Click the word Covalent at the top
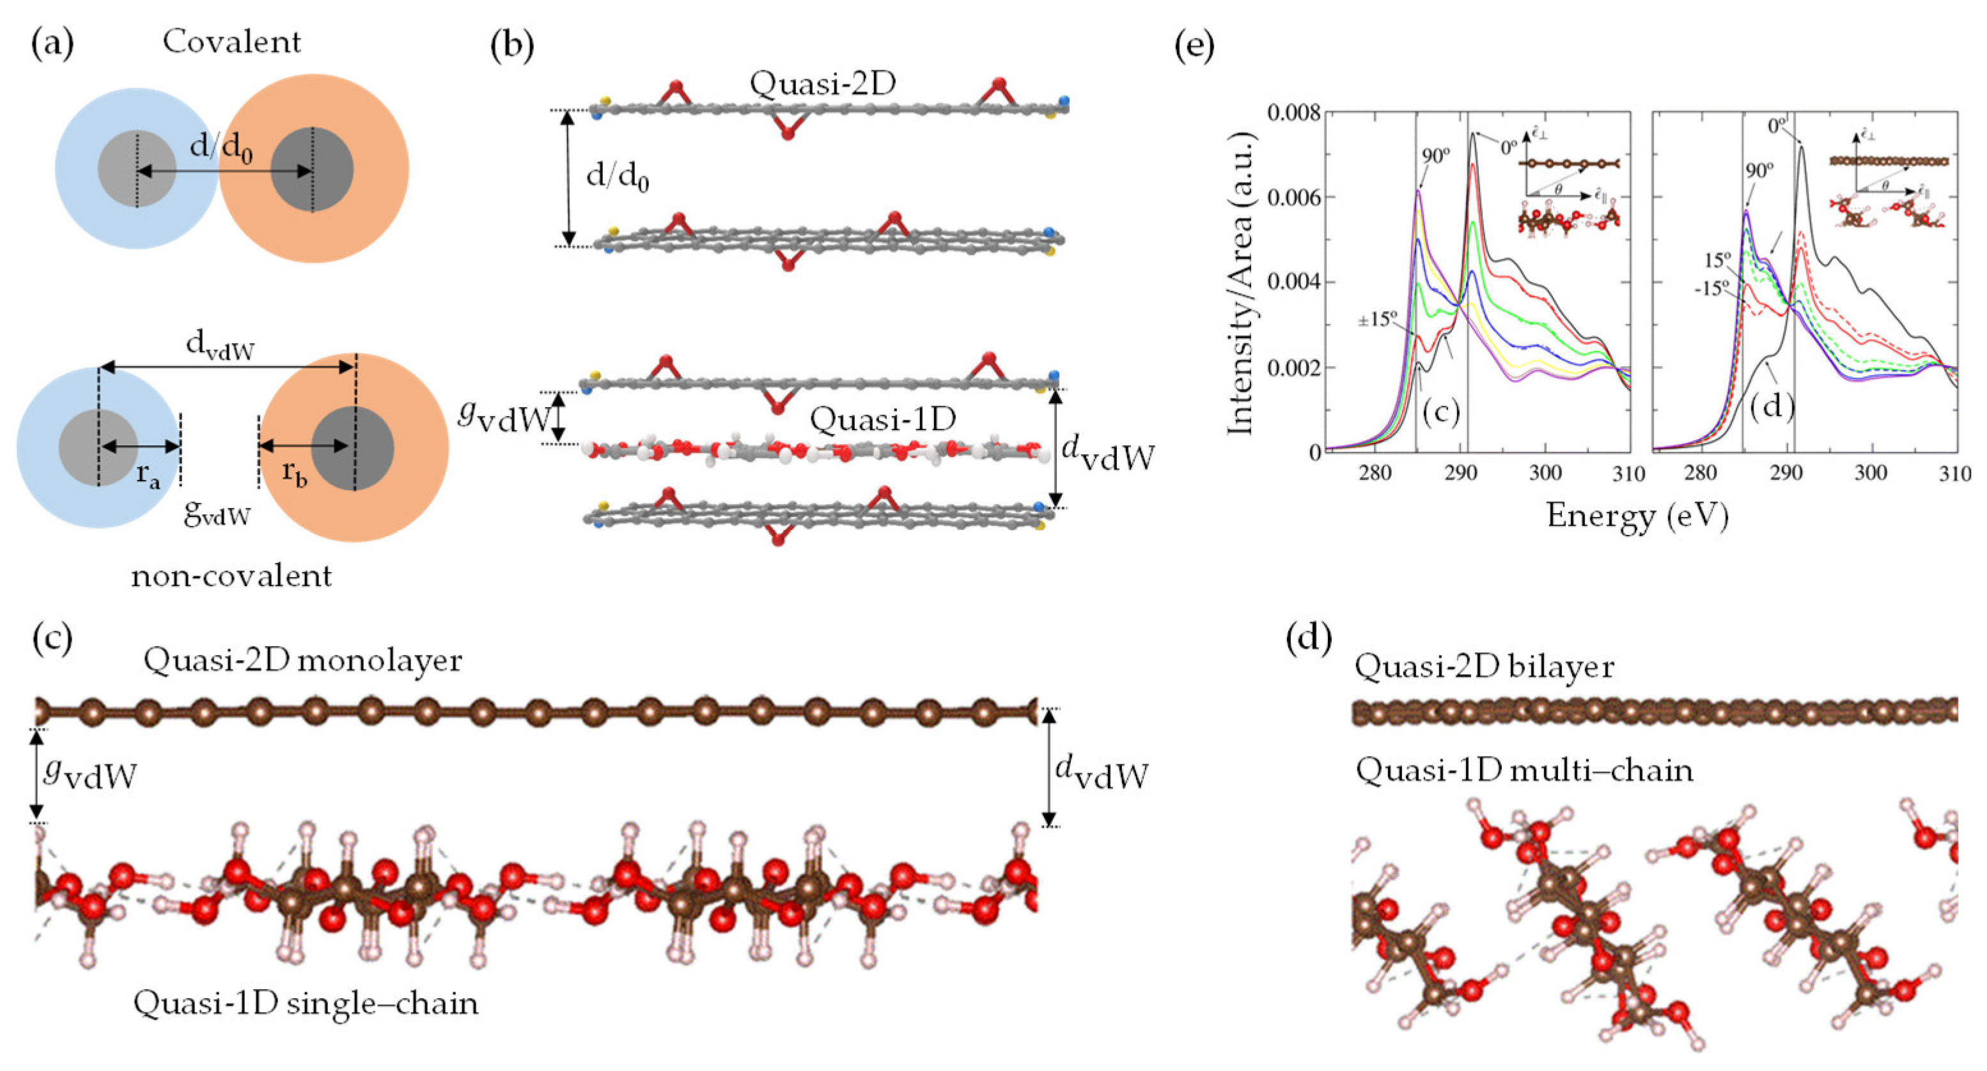231,42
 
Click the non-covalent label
231,576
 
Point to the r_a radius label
148,475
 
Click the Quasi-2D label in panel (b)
822,83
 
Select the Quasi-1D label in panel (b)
882,419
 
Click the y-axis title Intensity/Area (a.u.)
1240,284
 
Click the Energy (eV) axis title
1637,515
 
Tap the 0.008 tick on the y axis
1293,113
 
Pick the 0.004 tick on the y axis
1293,282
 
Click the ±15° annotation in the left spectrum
1377,318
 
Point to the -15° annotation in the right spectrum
1711,289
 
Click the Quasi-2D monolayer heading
302,660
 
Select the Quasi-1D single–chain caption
306,1003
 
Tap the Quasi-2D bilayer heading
1483,666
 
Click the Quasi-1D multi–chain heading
1524,769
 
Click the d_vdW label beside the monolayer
1101,772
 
